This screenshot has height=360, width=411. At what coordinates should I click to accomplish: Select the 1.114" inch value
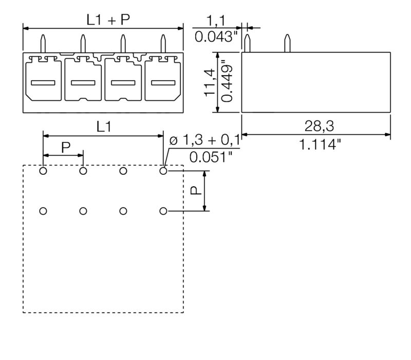click(320, 145)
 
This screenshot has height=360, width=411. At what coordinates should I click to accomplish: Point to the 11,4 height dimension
click(208, 83)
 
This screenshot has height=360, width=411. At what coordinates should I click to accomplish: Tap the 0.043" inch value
click(215, 38)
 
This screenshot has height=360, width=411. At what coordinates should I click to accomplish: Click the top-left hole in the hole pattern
click(43, 171)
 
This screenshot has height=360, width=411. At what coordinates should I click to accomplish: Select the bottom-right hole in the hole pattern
click(163, 211)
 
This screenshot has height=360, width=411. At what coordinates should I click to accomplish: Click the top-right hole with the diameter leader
click(163, 171)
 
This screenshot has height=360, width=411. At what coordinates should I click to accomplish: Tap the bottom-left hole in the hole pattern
click(43, 211)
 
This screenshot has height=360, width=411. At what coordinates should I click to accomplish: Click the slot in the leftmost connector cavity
click(43, 83)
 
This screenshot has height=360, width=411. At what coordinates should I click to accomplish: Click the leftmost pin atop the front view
click(43, 43)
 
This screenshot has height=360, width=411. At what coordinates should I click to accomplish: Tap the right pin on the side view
click(287, 44)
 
